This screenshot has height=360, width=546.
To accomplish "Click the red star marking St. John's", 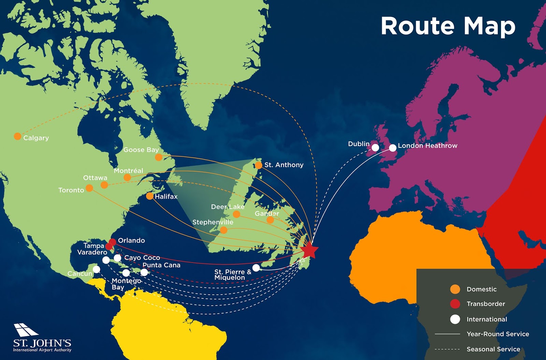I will [x=310, y=250].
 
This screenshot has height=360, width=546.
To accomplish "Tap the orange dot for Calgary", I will [x=17, y=136].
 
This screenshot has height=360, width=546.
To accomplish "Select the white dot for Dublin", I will [x=375, y=147].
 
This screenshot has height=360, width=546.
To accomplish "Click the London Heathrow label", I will [x=427, y=146].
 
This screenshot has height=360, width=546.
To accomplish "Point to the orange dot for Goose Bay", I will [x=159, y=157].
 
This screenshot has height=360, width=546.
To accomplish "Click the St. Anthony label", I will [x=284, y=165].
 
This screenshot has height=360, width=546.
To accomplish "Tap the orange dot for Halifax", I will [x=149, y=196].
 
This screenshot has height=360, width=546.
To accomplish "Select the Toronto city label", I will [x=71, y=190].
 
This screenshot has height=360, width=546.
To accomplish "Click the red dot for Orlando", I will [x=112, y=242].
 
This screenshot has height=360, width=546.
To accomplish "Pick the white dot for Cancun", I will [x=97, y=270].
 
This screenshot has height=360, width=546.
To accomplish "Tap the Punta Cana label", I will [x=161, y=265].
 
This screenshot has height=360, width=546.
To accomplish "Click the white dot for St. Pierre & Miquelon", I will [x=256, y=268].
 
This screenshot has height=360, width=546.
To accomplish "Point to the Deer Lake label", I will [x=228, y=207].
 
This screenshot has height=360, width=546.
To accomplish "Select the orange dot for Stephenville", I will [x=224, y=230].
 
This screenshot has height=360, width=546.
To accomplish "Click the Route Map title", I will [x=448, y=26].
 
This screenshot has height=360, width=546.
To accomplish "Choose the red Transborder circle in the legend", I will [x=455, y=304].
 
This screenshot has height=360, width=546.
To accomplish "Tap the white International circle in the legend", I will [x=455, y=319].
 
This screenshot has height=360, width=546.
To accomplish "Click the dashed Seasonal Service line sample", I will [x=447, y=349].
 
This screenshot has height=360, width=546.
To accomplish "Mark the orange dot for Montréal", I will [x=127, y=177].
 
